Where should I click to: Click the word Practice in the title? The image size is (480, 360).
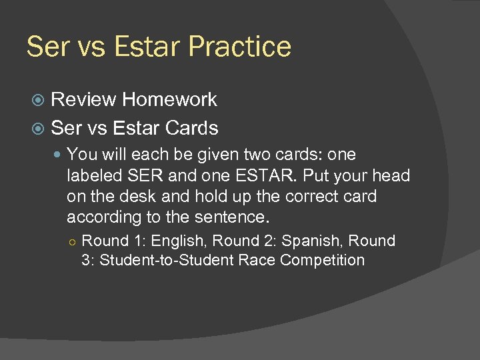(x=240, y=47)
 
